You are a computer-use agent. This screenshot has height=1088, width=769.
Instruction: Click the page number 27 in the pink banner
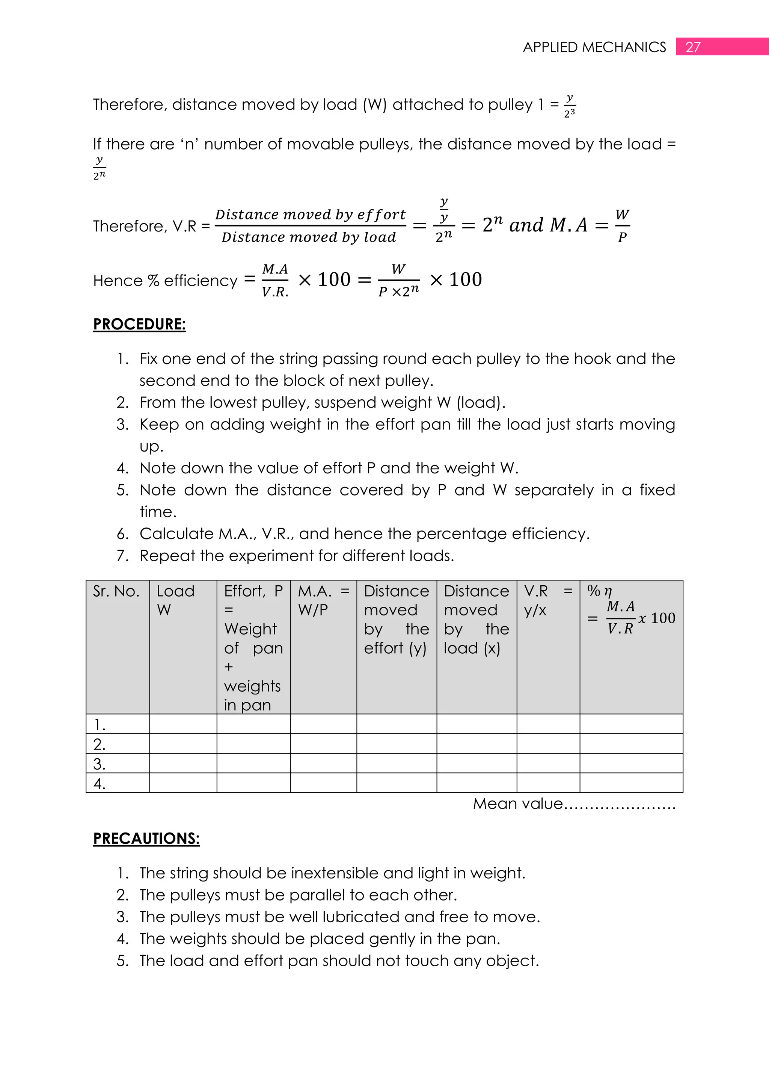click(x=693, y=47)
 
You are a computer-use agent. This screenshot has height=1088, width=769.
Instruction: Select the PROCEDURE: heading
click(x=139, y=324)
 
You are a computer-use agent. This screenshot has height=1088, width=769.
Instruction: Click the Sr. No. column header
click(x=116, y=591)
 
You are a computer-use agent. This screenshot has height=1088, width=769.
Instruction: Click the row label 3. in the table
click(x=100, y=764)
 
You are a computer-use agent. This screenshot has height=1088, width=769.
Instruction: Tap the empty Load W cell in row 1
click(x=183, y=724)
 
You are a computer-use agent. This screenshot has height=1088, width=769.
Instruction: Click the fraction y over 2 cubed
click(x=570, y=105)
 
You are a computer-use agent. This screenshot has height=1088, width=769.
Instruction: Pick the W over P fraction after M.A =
click(x=622, y=225)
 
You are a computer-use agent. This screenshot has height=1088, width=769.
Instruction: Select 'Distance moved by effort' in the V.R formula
click(x=310, y=215)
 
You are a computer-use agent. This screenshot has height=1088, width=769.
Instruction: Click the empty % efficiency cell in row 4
click(x=631, y=783)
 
